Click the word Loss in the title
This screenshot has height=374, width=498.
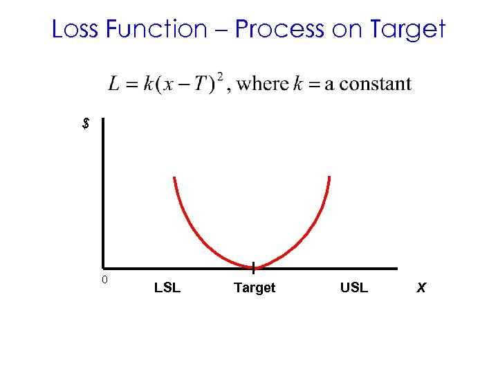tap(75, 29)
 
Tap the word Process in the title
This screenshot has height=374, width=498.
tap(279, 30)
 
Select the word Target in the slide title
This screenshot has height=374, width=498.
tap(408, 30)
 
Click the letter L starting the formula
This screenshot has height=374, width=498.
tap(115, 84)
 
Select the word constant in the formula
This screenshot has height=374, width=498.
tap(374, 84)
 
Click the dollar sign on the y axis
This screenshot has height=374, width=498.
tap(85, 125)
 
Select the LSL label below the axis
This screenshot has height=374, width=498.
tap(167, 287)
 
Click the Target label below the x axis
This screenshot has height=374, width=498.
tap(255, 287)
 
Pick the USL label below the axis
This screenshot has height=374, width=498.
tap(354, 287)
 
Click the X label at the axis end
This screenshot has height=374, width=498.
tap(421, 287)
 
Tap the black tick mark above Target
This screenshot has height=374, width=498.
tap(254, 267)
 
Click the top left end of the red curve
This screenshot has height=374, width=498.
tap(174, 178)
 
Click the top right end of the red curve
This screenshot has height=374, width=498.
tap(329, 177)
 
